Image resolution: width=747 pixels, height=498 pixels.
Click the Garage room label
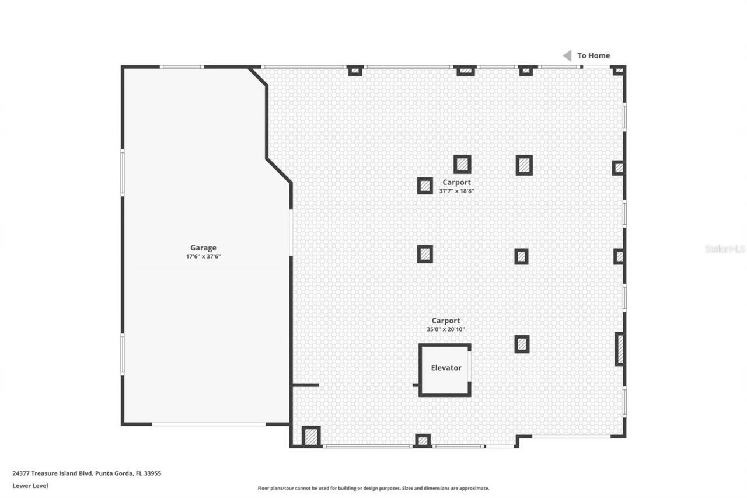tap(203, 248)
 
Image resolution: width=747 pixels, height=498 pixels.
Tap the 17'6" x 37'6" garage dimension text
tap(203, 256)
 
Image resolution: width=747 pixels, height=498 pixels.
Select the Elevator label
tap(446, 368)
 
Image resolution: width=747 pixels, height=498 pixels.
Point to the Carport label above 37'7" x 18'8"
tap(456, 182)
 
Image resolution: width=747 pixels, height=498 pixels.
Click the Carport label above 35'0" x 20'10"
tap(445, 321)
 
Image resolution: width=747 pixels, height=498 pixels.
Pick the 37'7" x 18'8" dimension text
tap(456, 191)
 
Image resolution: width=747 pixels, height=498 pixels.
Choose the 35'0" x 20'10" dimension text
tap(445, 329)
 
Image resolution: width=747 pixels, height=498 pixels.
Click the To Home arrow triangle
tap(567, 55)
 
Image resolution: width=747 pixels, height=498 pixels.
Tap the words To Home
tap(594, 55)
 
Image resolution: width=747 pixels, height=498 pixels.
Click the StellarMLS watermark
tap(725, 249)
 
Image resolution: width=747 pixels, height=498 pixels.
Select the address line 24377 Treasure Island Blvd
tap(86, 473)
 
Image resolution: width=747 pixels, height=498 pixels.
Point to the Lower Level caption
tap(30, 486)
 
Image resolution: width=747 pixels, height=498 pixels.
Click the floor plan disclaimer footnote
tap(373, 488)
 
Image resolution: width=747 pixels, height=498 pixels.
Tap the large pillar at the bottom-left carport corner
tap(311, 436)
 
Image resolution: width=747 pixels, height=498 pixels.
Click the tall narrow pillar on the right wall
tap(620, 349)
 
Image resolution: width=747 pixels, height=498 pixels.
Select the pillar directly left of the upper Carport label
tap(425, 186)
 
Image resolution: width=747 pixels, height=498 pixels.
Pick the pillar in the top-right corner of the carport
tap(618, 71)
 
